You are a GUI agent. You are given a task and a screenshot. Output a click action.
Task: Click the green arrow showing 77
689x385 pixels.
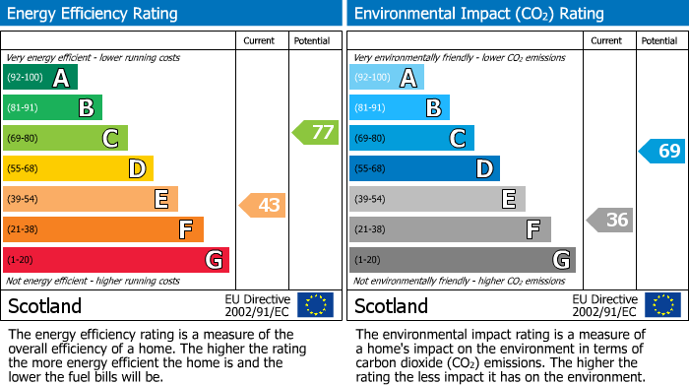[316, 132]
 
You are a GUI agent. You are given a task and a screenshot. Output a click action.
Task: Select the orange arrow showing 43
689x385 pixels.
[263, 205]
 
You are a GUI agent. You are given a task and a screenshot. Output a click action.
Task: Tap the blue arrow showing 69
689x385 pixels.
[661, 152]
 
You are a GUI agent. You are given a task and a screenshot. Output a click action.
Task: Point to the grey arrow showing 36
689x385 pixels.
[609, 220]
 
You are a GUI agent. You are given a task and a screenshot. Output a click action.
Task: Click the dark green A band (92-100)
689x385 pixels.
[40, 77]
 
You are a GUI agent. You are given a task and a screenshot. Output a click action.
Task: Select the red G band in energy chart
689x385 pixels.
[116, 260]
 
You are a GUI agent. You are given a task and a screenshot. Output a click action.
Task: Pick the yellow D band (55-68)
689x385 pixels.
[78, 168]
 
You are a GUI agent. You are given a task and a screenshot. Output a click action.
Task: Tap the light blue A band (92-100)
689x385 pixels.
[387, 77]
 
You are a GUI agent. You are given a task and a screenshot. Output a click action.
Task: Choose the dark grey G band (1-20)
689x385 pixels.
[463, 260]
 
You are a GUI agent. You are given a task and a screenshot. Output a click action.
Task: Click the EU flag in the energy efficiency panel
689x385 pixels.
[316, 304]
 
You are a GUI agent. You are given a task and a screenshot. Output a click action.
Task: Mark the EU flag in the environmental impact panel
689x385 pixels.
[663, 304]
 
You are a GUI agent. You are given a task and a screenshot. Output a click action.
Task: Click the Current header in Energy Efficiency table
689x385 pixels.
[259, 41]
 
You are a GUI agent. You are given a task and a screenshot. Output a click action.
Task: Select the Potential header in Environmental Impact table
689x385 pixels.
[659, 41]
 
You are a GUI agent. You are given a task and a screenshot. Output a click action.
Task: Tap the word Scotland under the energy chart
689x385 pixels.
[45, 306]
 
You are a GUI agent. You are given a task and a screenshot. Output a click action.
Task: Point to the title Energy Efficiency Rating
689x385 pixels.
[93, 14]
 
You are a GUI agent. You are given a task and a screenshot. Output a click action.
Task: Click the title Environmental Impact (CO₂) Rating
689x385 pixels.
[479, 14]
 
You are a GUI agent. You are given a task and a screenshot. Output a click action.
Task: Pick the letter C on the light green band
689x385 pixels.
[110, 139]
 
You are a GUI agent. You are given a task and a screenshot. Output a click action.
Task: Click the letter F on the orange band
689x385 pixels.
[185, 229]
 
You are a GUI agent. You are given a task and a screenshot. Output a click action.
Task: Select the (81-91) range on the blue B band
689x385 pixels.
[370, 107]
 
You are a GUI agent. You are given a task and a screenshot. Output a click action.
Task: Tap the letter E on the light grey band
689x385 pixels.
[509, 199]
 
